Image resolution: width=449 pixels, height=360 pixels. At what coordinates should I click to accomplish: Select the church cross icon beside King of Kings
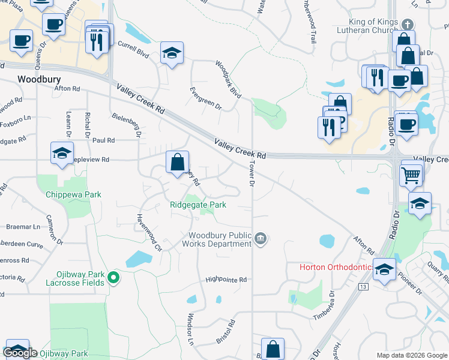(407, 25)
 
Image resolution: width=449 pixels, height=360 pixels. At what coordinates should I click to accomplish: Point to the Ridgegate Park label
(198, 205)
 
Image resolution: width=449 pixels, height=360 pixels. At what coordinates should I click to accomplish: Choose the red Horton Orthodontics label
(336, 266)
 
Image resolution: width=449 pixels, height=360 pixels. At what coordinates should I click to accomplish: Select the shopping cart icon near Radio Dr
(411, 175)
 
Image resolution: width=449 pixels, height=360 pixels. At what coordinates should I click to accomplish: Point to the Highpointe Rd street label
(226, 280)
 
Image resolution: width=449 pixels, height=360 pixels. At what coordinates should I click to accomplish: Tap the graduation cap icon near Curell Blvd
(172, 53)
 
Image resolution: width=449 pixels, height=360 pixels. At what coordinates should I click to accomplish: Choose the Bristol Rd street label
(226, 332)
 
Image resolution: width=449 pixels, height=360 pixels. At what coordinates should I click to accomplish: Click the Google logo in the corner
(20, 353)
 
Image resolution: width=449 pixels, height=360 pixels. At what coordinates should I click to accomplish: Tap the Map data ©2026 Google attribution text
(411, 355)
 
